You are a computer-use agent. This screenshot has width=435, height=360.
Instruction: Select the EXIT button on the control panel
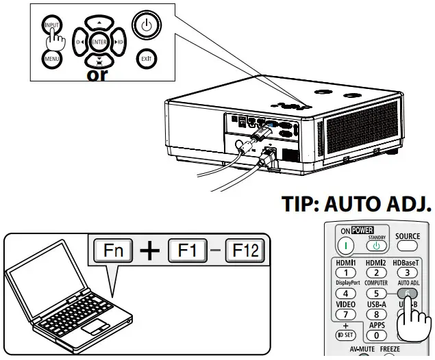coord(145,59)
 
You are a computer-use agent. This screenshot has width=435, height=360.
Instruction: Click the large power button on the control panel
coord(145,26)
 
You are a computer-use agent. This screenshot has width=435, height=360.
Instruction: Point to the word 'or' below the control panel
coord(97,75)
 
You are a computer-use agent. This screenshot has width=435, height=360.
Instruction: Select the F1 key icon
coord(186,251)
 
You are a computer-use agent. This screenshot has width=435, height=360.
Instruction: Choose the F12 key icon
coord(245,251)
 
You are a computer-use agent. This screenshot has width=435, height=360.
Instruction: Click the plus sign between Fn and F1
coord(149,251)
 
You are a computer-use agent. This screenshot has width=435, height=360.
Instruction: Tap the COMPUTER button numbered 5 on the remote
coord(375,293)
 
